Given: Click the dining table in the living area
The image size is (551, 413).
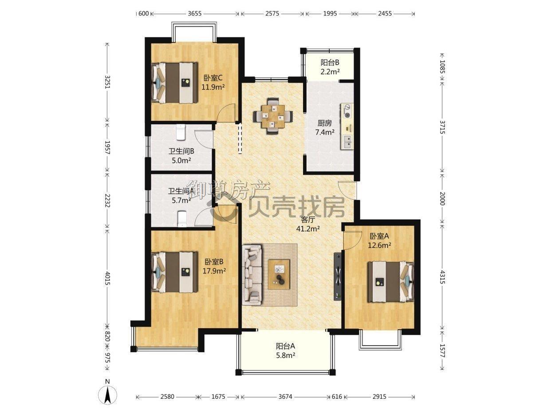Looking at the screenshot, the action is click(x=272, y=116).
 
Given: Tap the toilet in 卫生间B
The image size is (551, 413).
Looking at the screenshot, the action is click(x=181, y=132).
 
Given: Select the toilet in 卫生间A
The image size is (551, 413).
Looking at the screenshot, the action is click(x=182, y=219).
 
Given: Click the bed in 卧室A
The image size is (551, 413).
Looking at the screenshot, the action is click(x=390, y=282).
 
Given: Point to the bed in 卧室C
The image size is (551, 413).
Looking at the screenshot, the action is click(x=174, y=83).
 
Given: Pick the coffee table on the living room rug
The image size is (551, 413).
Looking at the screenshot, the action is click(x=279, y=275).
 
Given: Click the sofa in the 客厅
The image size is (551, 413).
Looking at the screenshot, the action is click(x=252, y=276).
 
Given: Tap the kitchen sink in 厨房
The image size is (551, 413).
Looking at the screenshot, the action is click(x=347, y=142).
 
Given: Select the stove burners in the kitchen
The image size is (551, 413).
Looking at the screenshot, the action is click(x=347, y=110).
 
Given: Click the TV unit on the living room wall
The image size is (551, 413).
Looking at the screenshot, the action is click(x=338, y=276).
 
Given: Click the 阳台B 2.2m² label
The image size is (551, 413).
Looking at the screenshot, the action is click(x=330, y=67).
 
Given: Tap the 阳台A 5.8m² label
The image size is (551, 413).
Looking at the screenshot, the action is click(x=285, y=350).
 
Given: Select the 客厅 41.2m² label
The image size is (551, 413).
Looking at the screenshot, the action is click(x=308, y=224).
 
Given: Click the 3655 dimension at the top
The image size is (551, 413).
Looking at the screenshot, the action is click(x=195, y=13).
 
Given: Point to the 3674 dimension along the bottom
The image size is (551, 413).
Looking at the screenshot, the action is click(x=285, y=397).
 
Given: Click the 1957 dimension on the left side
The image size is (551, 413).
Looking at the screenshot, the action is click(x=107, y=147).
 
